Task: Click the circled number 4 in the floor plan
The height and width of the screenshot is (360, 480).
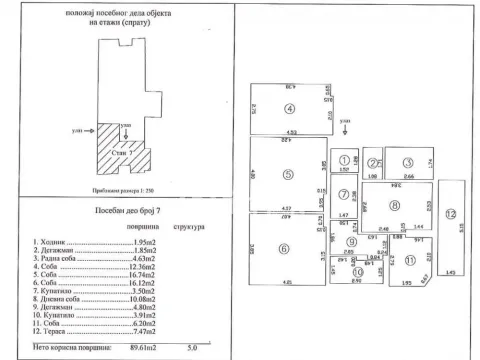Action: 291,109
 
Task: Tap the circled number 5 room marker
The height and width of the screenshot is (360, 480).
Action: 287,175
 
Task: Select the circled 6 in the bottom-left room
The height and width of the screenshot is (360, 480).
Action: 284,249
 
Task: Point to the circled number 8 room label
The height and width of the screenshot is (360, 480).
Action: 395,206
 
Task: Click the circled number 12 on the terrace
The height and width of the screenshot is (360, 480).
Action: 450,214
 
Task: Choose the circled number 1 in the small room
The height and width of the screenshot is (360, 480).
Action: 342,159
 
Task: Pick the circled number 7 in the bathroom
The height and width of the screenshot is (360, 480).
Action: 343,193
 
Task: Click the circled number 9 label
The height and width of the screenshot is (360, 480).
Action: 351,241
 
